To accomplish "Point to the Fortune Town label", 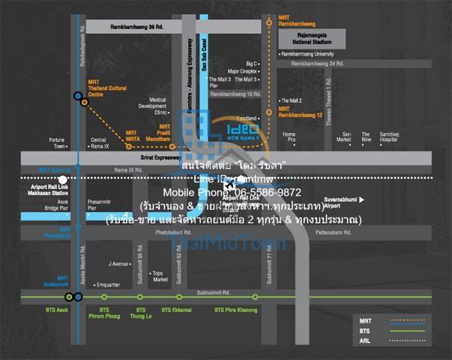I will (58, 142).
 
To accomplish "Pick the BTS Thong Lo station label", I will (140, 312).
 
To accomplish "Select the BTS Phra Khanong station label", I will (234, 309).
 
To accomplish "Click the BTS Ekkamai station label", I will (177, 309).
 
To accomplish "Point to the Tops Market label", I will (160, 277).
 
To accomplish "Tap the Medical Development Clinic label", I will (158, 105).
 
